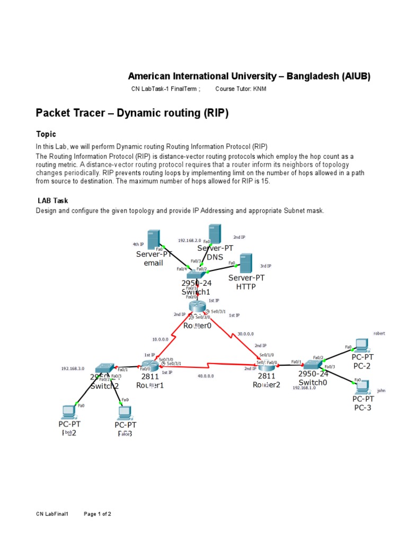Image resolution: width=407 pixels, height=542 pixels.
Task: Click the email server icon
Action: (154, 239)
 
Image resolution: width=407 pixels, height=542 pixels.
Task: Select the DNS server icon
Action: (215, 234)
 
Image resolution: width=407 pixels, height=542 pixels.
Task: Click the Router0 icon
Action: (197, 308)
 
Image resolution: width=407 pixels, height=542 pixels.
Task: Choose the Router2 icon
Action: (265, 366)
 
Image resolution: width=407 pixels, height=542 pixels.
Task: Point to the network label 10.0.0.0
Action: (160, 339)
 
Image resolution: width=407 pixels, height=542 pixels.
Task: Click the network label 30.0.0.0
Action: (245, 334)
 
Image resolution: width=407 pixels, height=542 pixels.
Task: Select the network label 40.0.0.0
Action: (206, 376)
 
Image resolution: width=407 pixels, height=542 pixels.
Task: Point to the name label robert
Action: (379, 333)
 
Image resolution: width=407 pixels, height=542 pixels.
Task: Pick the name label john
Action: (381, 391)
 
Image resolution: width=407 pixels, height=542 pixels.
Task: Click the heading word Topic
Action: (46, 134)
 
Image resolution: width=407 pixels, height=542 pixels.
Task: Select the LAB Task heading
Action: (52, 201)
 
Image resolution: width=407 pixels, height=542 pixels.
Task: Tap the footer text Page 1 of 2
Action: (98, 514)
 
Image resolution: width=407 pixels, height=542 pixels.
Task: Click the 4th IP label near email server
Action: (138, 245)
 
